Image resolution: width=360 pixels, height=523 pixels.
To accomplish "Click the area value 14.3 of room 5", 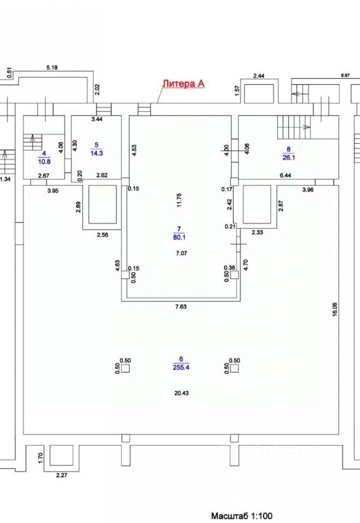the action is [97, 153].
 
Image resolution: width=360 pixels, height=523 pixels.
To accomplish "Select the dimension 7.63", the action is [180, 307].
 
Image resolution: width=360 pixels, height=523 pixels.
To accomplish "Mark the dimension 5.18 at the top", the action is [52, 68].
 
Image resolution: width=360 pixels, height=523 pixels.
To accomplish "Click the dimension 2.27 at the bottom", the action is [62, 475].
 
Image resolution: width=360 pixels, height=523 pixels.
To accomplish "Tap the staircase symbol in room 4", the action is [32, 144].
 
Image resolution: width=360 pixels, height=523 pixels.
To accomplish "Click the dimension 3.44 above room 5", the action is [97, 119].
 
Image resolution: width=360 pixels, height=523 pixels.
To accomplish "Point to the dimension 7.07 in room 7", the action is [180, 253].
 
